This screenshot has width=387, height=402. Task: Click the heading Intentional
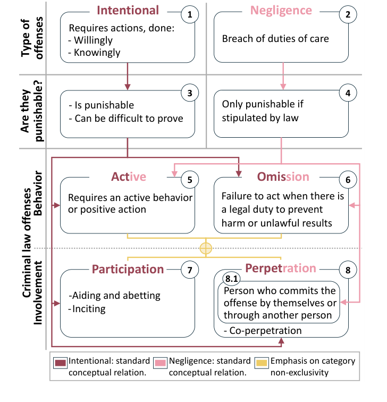128,10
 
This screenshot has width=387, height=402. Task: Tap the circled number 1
190,15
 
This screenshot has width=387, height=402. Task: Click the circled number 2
348,15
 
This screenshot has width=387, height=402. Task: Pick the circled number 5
190,180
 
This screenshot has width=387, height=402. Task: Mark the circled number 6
348,180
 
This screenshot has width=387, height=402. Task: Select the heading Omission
283,177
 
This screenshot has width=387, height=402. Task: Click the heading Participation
128,269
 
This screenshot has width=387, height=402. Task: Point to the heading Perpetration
280,268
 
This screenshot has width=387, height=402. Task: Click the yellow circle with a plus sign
206,248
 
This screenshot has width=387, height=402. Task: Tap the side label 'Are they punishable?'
29,112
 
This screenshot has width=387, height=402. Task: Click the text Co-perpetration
265,331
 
